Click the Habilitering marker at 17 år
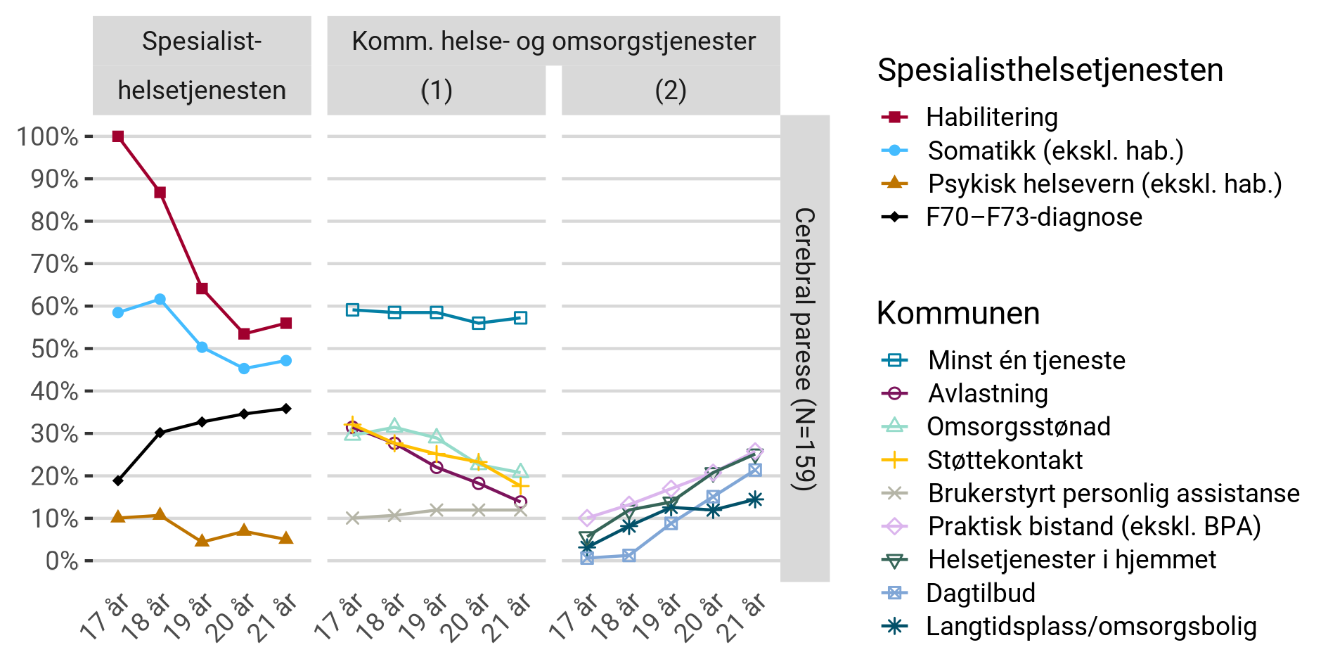pyautogui.click(x=118, y=136)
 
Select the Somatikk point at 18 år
pyautogui.click(x=160, y=300)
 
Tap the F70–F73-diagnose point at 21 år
pyautogui.click(x=286, y=409)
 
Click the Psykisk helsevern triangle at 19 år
pyautogui.click(x=202, y=541)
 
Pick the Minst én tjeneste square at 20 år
pyautogui.click(x=479, y=324)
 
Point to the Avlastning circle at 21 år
pyautogui.click(x=520, y=502)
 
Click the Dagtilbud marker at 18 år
pyautogui.click(x=629, y=556)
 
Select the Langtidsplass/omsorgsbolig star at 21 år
pyautogui.click(x=755, y=500)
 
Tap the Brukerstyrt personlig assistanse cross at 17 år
pyautogui.click(x=353, y=518)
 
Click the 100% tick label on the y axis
pyautogui.click(x=47, y=136)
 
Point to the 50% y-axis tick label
pyautogui.click(x=54, y=349)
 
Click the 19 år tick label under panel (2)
pyautogui.click(x=657, y=616)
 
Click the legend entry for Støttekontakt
pyautogui.click(x=1005, y=460)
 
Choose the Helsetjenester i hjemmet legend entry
pyautogui.click(x=1071, y=560)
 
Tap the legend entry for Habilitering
pyautogui.click(x=991, y=117)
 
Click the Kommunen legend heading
pyautogui.click(x=958, y=313)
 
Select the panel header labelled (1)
pyautogui.click(x=437, y=91)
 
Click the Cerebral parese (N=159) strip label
pyautogui.click(x=805, y=349)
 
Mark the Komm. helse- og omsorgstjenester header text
pyautogui.click(x=553, y=41)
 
